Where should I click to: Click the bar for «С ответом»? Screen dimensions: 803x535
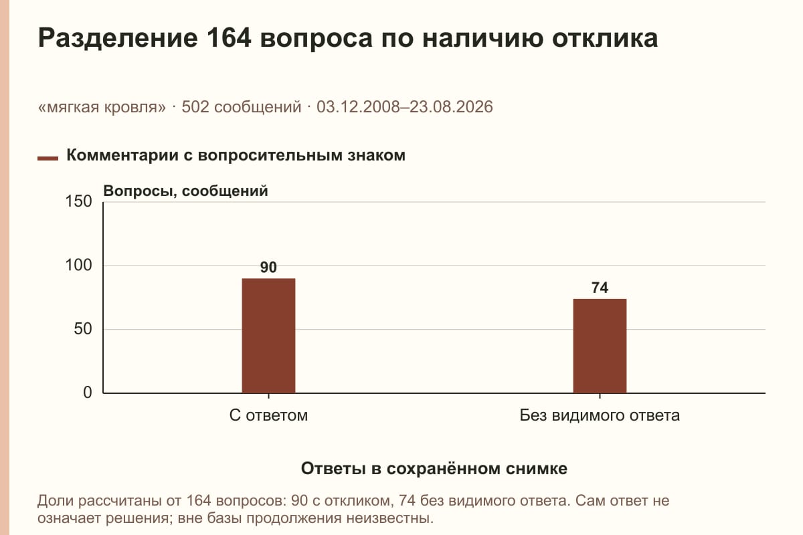(268, 336)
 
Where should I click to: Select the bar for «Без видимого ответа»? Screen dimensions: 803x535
(600, 346)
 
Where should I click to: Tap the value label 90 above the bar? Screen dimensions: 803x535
(268, 267)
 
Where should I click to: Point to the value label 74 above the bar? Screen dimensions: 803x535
(600, 288)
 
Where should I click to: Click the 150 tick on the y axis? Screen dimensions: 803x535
(78, 201)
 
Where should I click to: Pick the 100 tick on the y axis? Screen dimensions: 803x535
(78, 265)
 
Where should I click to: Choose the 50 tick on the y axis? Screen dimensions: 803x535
(83, 329)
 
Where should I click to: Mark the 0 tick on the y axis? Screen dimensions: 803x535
(88, 393)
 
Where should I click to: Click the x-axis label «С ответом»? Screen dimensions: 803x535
(268, 415)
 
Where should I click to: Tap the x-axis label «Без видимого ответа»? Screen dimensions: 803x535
(600, 415)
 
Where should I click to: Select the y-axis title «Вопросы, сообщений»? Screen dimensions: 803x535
(186, 191)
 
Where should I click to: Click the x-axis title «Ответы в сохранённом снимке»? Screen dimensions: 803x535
(434, 468)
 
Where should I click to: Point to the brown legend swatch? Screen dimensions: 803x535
(48, 158)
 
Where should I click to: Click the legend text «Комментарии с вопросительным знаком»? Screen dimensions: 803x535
(236, 155)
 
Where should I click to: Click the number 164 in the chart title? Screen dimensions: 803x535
(229, 37)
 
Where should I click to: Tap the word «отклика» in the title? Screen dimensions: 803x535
(605, 38)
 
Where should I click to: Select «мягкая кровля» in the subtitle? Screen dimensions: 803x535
(102, 107)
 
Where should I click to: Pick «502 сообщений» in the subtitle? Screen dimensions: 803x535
(242, 107)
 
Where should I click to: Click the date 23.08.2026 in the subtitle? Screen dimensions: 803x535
(451, 107)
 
